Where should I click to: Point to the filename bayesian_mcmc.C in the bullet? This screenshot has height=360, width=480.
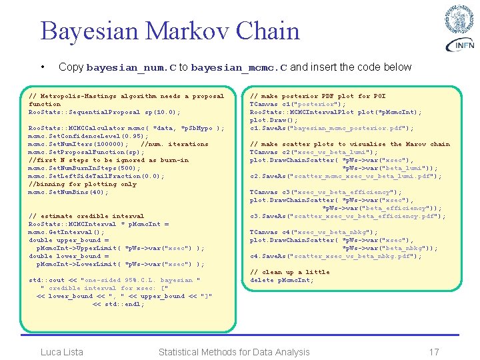click(x=239, y=67)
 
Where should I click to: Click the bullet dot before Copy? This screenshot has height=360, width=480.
click(x=43, y=67)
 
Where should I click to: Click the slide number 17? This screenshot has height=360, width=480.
click(x=434, y=352)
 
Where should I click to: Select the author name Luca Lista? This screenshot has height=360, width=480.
click(x=62, y=352)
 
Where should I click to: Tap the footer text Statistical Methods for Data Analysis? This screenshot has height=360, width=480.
click(x=234, y=352)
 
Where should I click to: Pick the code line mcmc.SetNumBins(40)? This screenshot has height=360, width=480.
click(x=68, y=192)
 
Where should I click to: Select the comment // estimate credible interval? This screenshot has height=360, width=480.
click(x=86, y=216)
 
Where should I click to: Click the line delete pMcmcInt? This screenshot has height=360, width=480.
click(x=281, y=280)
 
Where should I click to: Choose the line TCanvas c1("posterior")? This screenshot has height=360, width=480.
click(x=297, y=104)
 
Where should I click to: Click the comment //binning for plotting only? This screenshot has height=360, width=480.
click(x=82, y=184)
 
